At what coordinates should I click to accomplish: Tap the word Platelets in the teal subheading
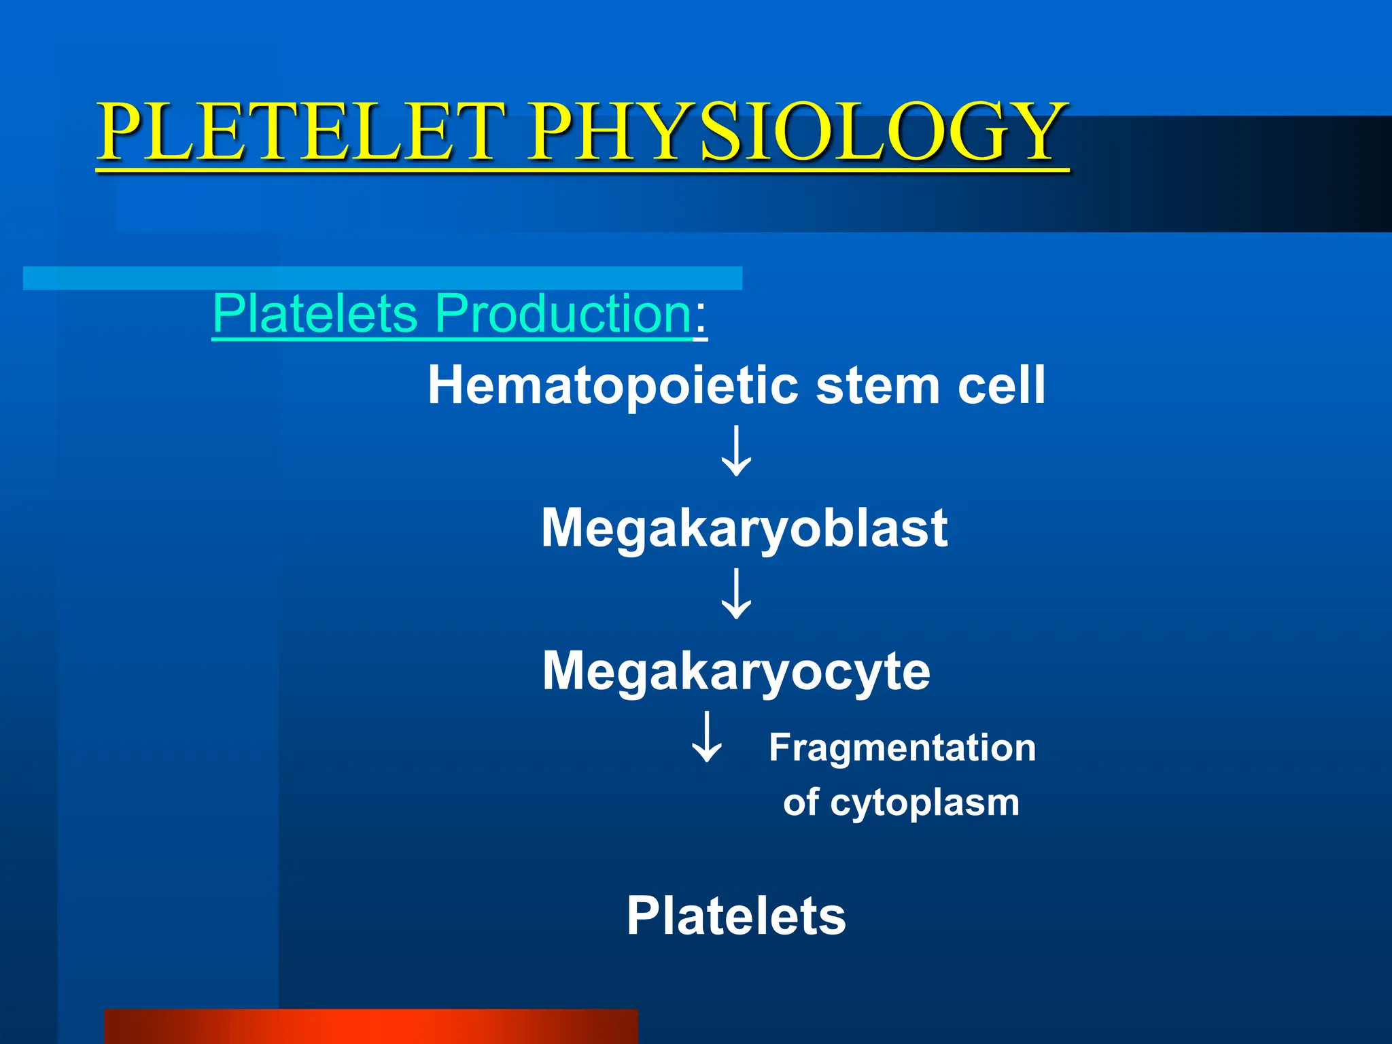[x=315, y=313]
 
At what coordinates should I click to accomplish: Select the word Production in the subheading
[x=563, y=313]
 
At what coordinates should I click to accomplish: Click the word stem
[x=877, y=385]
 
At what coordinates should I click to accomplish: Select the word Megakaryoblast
[x=744, y=528]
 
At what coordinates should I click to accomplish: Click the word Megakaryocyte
[x=736, y=671]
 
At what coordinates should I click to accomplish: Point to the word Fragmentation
[x=902, y=748]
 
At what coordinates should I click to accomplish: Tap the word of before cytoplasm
[x=801, y=802]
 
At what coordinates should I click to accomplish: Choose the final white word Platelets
[x=736, y=916]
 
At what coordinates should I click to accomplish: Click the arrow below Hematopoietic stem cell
[x=736, y=451]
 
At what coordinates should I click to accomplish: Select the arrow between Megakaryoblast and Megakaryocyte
[x=736, y=594]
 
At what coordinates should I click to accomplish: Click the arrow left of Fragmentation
[x=707, y=737]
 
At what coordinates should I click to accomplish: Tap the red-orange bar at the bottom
[x=370, y=1026]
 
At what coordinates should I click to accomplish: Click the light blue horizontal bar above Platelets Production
[x=382, y=278]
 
